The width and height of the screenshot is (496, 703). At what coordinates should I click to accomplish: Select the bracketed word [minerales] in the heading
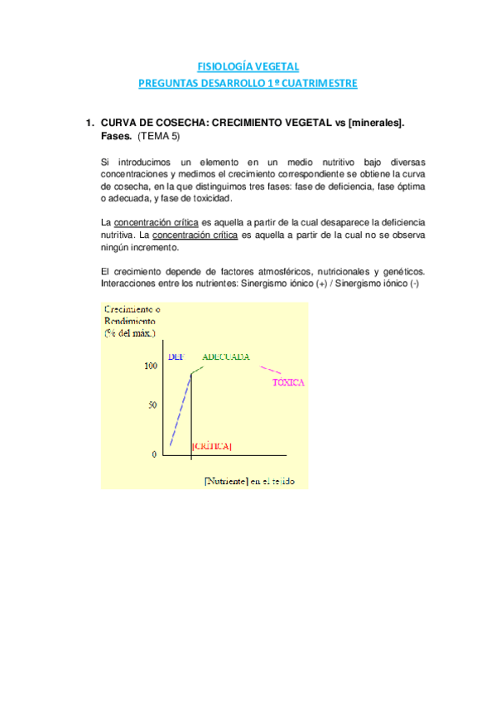click(376, 123)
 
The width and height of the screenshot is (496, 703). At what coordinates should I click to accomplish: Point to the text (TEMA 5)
click(158, 136)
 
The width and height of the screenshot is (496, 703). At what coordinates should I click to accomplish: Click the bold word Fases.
click(116, 136)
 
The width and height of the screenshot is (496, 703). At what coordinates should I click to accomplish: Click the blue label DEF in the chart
click(175, 356)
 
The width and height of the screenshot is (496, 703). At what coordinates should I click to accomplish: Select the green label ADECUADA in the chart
click(225, 356)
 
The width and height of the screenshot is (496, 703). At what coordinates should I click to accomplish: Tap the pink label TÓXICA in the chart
click(288, 383)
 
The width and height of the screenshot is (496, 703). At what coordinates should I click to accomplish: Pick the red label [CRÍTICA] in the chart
click(211, 446)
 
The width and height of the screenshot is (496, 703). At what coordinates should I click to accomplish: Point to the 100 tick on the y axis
click(150, 366)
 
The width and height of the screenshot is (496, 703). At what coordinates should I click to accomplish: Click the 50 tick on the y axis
click(152, 405)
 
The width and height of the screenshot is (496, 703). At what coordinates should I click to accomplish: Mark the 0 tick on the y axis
click(154, 455)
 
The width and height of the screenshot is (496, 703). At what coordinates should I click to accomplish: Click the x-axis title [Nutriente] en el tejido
click(249, 481)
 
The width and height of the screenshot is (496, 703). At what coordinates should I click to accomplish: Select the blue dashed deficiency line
click(181, 410)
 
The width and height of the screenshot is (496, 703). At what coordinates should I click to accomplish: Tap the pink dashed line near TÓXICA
click(263, 371)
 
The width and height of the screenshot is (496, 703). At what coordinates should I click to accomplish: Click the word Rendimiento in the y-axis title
click(130, 321)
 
